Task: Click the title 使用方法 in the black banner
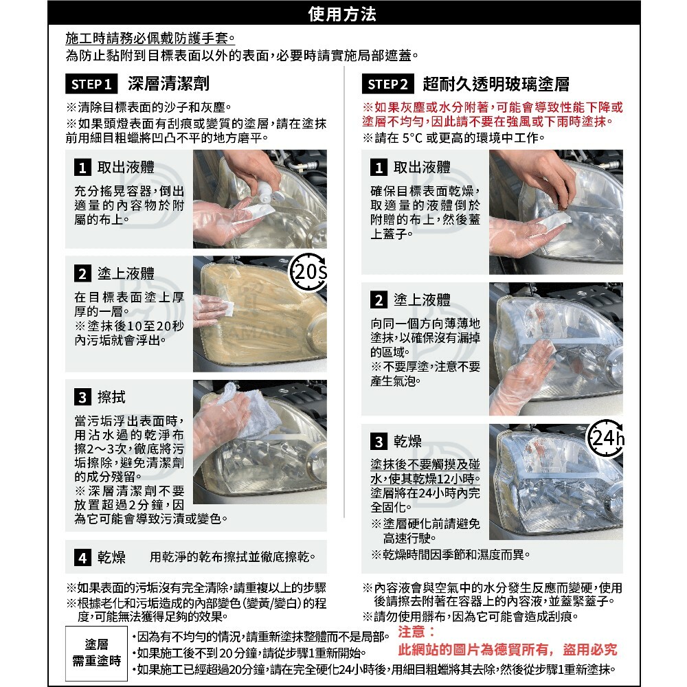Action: (x=341, y=14)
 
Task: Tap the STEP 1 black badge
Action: (x=91, y=84)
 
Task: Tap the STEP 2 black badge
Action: (x=387, y=84)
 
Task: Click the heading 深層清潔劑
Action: (x=169, y=84)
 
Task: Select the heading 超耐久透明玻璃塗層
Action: (x=496, y=84)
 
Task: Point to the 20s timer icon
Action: (x=308, y=271)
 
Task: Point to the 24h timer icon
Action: (x=605, y=438)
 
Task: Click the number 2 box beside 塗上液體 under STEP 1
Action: (x=82, y=273)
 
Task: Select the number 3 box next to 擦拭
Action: (x=82, y=397)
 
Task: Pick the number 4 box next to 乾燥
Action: (x=82, y=557)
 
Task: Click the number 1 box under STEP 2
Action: (x=379, y=168)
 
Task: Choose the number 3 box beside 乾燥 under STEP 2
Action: (x=379, y=441)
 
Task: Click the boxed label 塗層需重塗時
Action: (x=96, y=653)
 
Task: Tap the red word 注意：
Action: (x=416, y=631)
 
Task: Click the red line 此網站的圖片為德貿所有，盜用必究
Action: (x=508, y=649)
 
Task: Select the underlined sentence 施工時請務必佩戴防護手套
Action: (x=150, y=38)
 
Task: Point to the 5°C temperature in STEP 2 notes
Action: (x=412, y=137)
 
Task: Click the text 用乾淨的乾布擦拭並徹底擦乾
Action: (x=232, y=557)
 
